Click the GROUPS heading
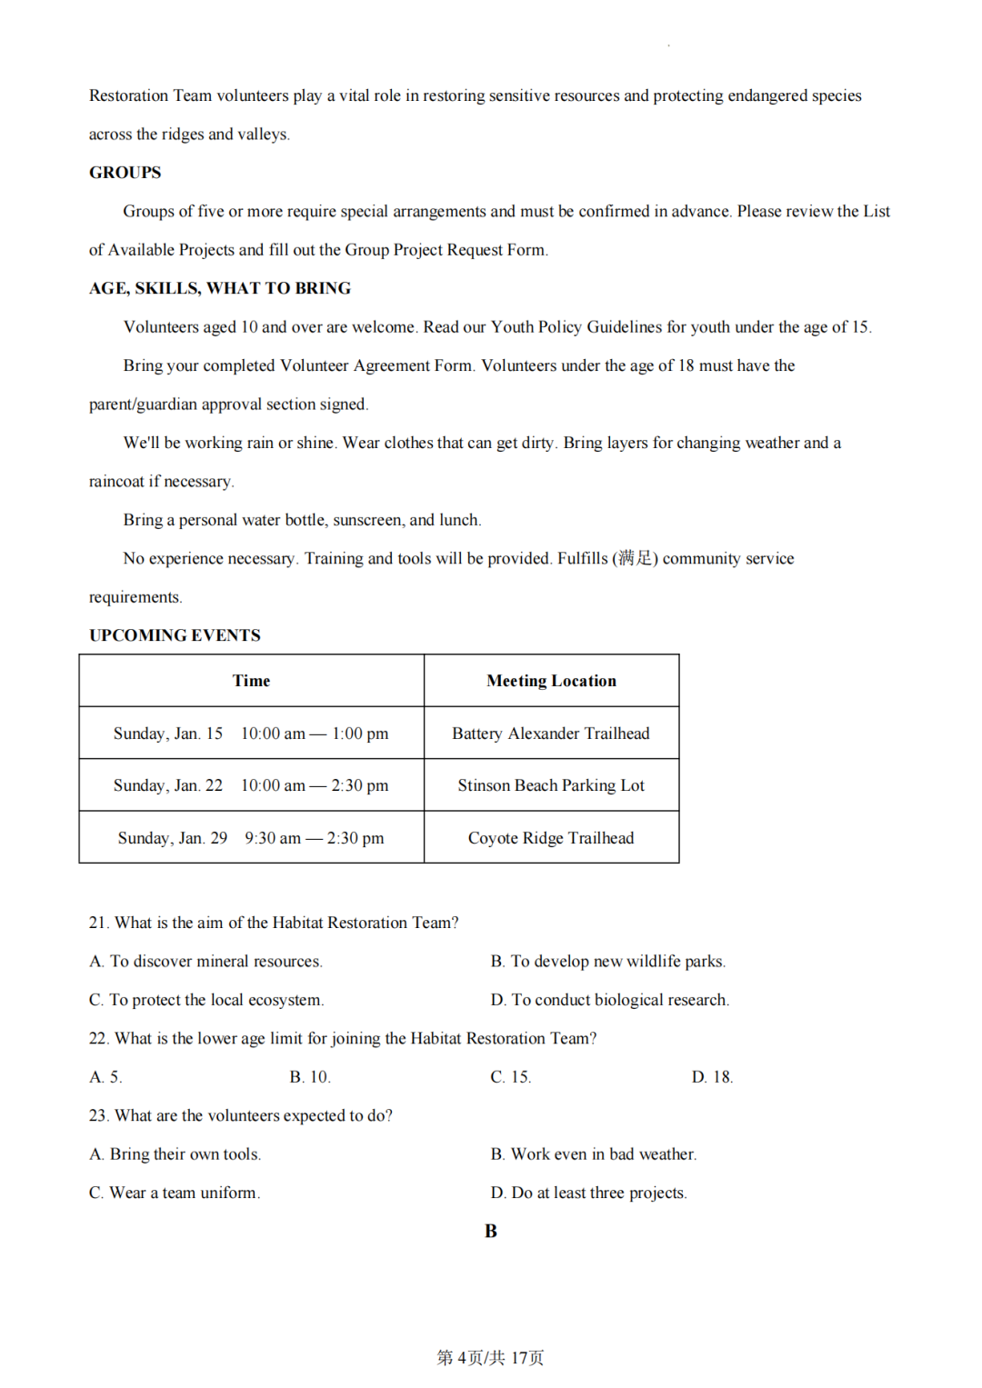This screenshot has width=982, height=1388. pyautogui.click(x=125, y=173)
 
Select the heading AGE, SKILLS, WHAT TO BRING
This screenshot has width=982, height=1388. pyautogui.click(x=219, y=288)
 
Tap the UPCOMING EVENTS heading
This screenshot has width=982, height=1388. pyautogui.click(x=175, y=635)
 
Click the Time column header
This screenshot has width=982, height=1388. pyautogui.click(x=251, y=681)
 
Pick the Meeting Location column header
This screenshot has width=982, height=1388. pyautogui.click(x=551, y=681)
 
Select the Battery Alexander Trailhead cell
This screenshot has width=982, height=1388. pyautogui.click(x=551, y=734)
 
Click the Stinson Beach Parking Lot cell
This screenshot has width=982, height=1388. pyautogui.click(x=551, y=785)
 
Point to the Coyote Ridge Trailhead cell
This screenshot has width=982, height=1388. pyautogui.click(x=551, y=838)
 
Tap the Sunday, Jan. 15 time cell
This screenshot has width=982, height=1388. pyautogui.click(x=251, y=734)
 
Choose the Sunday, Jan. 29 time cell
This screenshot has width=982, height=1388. pyautogui.click(x=251, y=838)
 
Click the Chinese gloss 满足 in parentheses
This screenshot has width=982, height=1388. pyautogui.click(x=636, y=558)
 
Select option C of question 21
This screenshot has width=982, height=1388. pyautogui.click(x=206, y=1000)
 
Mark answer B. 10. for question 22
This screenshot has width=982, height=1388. pyautogui.click(x=310, y=1077)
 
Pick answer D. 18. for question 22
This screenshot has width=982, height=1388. pyautogui.click(x=712, y=1077)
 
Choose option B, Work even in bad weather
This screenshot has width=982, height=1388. pyautogui.click(x=594, y=1154)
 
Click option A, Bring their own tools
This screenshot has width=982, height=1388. pyautogui.click(x=175, y=1154)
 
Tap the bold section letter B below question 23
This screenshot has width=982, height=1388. pyautogui.click(x=491, y=1232)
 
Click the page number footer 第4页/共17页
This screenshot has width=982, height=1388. pyautogui.click(x=490, y=1358)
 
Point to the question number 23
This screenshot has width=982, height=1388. pyautogui.click(x=98, y=1115)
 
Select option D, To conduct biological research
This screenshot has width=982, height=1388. pyautogui.click(x=610, y=1000)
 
